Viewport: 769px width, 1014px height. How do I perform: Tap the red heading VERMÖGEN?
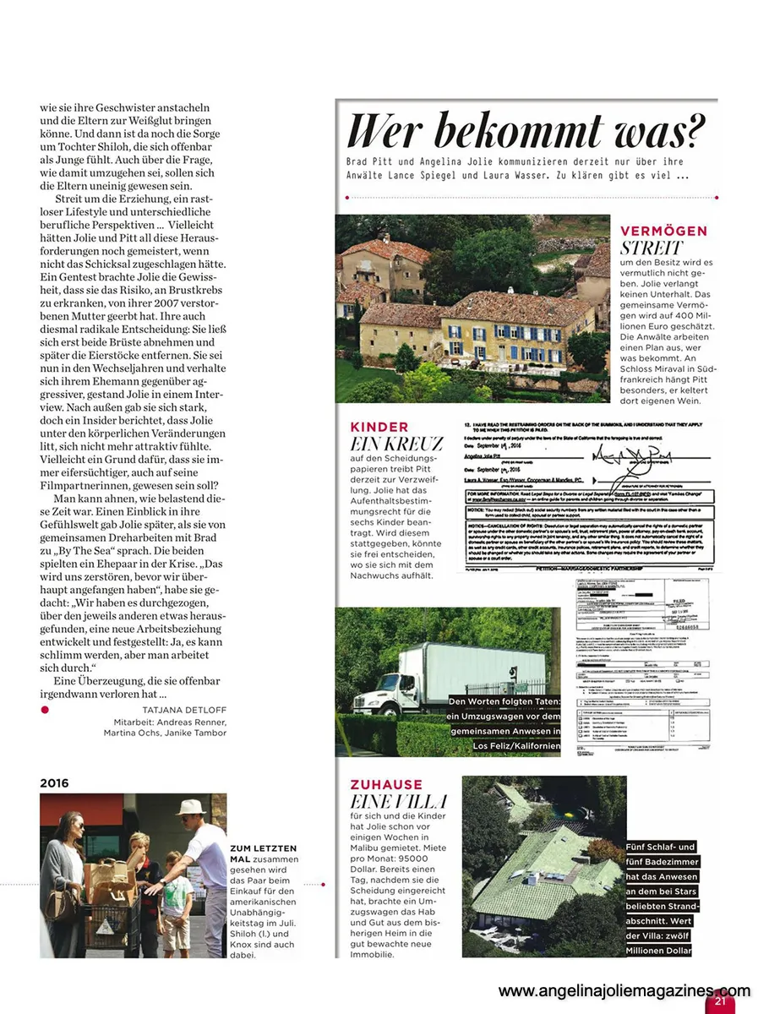663,231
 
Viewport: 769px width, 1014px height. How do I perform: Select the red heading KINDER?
379,428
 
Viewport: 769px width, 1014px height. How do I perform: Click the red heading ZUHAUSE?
385,785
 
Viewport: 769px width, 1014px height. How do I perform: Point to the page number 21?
720,1001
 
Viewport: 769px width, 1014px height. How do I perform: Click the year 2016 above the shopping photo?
54,783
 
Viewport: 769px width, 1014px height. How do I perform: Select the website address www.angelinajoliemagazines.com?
624,991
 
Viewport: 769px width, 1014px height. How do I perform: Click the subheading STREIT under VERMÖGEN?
651,248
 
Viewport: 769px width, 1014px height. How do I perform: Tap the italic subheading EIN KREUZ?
396,444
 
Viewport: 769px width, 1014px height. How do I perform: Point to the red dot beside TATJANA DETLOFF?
45,710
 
